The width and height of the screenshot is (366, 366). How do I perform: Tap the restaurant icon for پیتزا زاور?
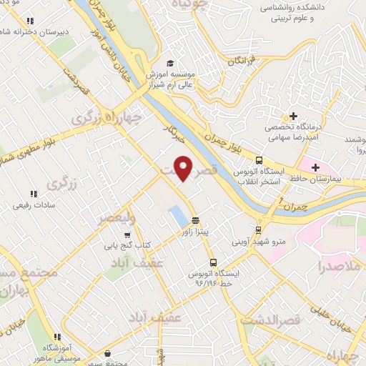195,220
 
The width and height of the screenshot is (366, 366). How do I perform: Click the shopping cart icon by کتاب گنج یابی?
127,234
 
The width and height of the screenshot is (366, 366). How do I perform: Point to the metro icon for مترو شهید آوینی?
258,230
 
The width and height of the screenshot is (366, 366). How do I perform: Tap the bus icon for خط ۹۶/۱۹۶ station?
212,262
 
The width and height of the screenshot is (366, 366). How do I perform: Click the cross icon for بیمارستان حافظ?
315,147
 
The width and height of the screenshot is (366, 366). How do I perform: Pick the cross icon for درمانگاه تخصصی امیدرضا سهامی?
292,117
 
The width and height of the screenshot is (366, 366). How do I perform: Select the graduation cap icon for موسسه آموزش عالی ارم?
169,62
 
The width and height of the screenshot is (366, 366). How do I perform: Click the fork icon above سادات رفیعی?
32,194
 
